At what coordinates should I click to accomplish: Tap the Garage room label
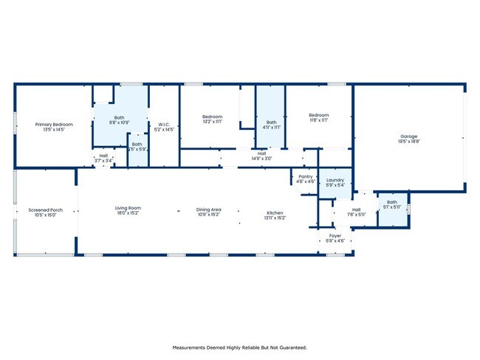tap(409, 136)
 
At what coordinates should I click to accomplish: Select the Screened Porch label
tap(45, 210)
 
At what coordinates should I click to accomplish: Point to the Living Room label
tap(128, 208)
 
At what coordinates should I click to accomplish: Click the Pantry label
tap(306, 176)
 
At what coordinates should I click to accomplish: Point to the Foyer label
tap(335, 237)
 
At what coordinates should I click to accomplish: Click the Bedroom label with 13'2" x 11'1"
tap(213, 116)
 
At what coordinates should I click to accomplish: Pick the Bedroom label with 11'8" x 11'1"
tap(318, 115)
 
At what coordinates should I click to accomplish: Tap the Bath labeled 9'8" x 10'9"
tap(120, 117)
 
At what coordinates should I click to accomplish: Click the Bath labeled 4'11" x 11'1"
tap(272, 122)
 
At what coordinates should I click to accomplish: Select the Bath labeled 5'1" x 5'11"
tap(391, 202)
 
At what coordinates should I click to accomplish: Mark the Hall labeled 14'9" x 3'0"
tap(261, 153)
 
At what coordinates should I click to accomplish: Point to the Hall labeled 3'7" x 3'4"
tap(103, 156)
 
